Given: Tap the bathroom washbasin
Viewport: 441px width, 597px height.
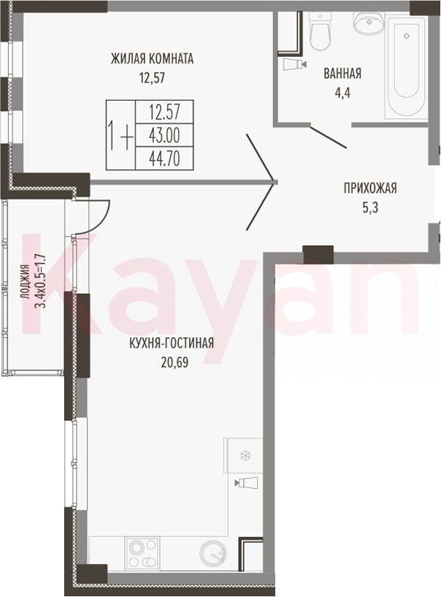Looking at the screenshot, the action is [369, 23].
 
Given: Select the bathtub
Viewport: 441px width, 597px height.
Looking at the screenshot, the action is [407, 65].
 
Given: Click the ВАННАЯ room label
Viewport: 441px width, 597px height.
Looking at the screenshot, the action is [342, 73].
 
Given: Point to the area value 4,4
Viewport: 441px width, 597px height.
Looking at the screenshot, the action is [342, 93].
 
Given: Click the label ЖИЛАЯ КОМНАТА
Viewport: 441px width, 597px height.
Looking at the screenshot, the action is [152, 59].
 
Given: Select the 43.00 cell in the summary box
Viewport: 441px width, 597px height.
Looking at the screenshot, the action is [164, 135].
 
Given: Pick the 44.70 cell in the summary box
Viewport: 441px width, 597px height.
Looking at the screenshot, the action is [164, 158].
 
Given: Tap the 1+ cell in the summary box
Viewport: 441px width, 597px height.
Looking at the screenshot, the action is [120, 135].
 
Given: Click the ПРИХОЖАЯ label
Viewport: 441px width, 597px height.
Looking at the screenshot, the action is [370, 188].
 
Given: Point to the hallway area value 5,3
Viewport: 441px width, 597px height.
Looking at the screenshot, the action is [370, 208].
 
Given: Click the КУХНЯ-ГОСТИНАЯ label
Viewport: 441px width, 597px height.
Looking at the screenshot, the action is [172, 344].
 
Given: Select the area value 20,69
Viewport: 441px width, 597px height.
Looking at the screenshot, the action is [175, 363].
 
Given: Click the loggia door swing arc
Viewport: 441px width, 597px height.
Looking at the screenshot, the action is [102, 223].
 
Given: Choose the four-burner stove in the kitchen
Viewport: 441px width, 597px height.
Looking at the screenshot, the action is [143, 553].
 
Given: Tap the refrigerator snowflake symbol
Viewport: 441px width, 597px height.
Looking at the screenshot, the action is [243, 455].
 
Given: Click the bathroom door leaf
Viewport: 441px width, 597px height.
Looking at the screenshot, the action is [328, 136].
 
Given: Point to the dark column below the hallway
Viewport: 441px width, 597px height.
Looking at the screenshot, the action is [318, 255].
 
